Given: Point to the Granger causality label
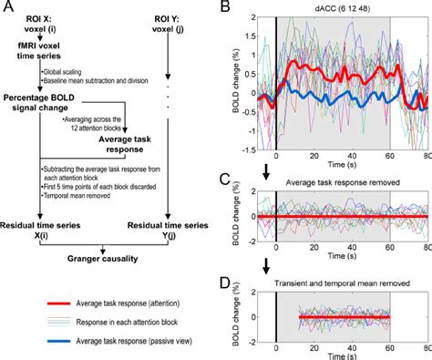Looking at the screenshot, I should click(x=106, y=256).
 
